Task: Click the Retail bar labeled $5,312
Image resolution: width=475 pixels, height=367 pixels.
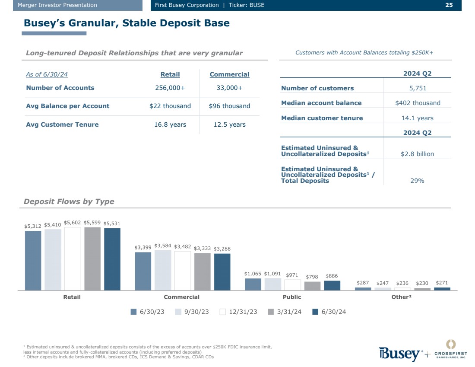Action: click(33, 260)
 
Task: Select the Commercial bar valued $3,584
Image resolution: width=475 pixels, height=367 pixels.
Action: click(162, 270)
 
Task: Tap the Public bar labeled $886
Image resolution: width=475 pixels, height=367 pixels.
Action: click(332, 285)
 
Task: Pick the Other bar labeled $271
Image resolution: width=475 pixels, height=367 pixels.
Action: click(442, 289)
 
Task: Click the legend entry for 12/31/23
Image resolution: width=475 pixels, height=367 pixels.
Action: click(238, 312)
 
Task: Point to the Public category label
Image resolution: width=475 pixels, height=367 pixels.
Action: click(292, 297)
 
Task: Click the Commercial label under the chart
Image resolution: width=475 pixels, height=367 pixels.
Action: click(182, 297)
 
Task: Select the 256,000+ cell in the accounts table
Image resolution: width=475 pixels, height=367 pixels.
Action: click(170, 88)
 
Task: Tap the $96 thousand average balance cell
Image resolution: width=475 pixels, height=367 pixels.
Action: click(229, 106)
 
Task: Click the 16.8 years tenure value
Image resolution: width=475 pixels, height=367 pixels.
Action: click(170, 124)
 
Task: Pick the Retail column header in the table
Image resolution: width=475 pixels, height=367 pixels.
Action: click(170, 74)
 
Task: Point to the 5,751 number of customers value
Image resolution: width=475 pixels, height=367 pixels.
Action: click(418, 88)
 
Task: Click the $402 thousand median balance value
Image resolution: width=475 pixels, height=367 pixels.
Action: click(418, 103)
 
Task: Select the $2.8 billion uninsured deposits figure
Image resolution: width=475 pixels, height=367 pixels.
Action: click(418, 154)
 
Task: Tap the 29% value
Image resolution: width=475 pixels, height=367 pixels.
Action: click(417, 181)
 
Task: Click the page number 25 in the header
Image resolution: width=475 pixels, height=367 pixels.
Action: click(449, 5)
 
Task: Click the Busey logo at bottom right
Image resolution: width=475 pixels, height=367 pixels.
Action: click(399, 354)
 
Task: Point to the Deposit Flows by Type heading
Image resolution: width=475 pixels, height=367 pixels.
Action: click(69, 201)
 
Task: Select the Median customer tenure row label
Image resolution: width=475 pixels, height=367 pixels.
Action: click(322, 118)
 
